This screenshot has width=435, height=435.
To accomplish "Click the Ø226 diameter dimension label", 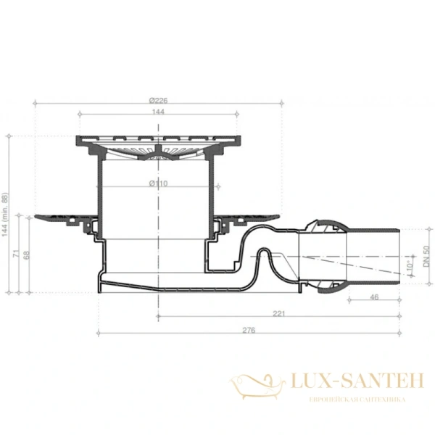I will [158, 100].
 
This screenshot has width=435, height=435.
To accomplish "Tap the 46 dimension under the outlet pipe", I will [374, 298].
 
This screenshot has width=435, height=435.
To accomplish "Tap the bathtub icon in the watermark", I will [258, 384].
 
